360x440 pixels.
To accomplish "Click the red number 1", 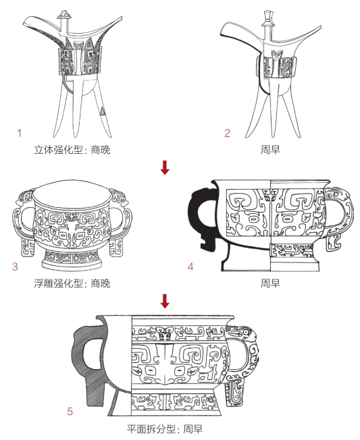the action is [20, 133].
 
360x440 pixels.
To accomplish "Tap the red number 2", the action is [227, 133].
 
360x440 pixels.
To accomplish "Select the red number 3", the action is [15, 267].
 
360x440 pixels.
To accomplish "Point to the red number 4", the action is [190, 267].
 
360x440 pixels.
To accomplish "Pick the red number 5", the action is [70, 412].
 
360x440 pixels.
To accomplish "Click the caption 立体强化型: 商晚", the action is [72, 150].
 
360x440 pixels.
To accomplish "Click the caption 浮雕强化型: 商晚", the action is [72, 283].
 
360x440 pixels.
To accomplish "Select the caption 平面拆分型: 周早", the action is [165, 429].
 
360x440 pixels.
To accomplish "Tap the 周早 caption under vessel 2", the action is [270, 150].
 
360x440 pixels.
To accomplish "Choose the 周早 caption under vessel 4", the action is [270, 283].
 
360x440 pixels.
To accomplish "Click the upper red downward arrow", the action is [165, 167].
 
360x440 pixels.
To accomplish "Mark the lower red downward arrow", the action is [165, 301].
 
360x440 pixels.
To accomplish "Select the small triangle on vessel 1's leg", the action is [102, 111].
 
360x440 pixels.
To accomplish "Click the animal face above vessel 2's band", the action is [277, 55].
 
